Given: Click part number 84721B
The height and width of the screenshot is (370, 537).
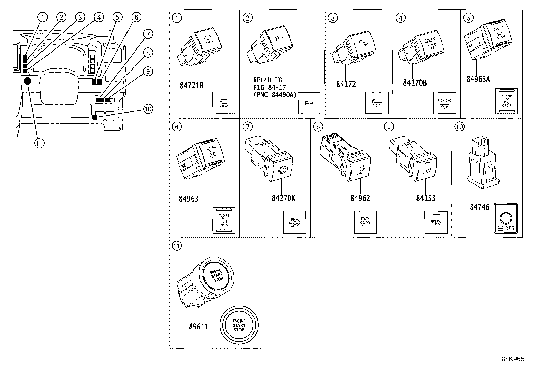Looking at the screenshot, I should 191,86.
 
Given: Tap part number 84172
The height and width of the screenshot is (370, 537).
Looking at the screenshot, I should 346,84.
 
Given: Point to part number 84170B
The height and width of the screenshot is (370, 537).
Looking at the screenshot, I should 415,83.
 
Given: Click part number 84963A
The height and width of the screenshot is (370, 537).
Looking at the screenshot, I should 478,79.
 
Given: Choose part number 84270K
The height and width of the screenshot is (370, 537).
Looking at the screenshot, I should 283,198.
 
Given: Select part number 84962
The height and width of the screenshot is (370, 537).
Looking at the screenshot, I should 360,198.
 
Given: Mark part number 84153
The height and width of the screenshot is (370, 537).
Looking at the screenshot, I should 426,198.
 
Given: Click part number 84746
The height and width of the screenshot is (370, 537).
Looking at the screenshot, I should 479,207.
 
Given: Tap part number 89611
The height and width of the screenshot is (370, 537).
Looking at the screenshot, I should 199,326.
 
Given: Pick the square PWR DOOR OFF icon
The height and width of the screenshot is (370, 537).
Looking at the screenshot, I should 365,222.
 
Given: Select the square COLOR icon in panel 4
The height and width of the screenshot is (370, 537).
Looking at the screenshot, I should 444,103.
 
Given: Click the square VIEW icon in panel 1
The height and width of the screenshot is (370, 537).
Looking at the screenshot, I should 224,103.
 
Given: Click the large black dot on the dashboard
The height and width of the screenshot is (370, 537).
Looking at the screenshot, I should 28,81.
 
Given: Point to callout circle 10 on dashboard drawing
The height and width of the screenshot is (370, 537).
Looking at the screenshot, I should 148,109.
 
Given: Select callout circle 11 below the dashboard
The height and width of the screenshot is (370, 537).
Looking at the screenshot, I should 39,143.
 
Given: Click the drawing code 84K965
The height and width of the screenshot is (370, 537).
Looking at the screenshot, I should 512,359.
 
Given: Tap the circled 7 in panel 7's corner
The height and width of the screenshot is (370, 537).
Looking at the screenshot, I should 247,126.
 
